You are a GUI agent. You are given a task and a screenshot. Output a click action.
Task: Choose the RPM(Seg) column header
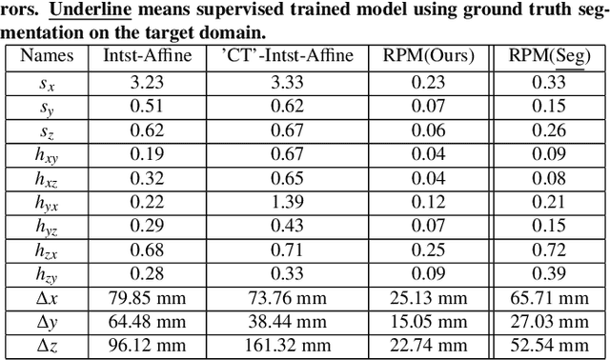click(x=553, y=56)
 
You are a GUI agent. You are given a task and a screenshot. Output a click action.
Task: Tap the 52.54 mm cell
click(x=553, y=347)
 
